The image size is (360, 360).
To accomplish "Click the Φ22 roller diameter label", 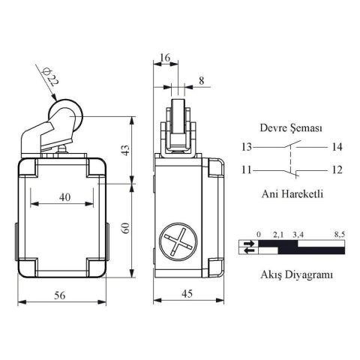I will [x=47, y=77].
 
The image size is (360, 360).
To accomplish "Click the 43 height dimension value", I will [x=127, y=149].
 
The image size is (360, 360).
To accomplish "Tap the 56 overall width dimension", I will [x=58, y=295].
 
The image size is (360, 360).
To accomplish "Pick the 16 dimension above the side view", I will [x=164, y=57].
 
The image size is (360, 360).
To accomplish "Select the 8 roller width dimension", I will [x=201, y=79].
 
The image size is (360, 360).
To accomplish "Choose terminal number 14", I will [x=337, y=147].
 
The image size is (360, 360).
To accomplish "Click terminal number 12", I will [x=337, y=169].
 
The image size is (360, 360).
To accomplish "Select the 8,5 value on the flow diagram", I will [x=339, y=235].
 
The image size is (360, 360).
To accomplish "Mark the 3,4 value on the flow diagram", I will [x=297, y=235].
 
